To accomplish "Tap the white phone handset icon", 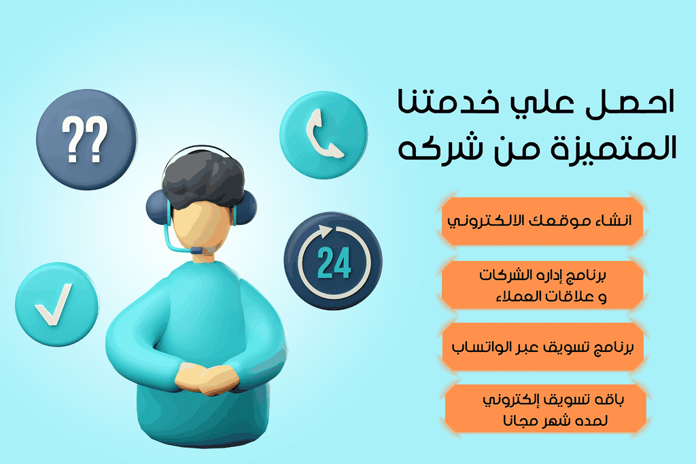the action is (323, 134).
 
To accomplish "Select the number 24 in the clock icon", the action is (334, 263).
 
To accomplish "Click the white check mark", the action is (54, 304).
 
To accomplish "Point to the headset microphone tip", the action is (196, 251).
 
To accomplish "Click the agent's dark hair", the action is (203, 178).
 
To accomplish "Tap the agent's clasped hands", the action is (207, 378).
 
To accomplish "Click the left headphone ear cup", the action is (157, 208).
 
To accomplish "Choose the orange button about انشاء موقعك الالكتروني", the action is (542, 221).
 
